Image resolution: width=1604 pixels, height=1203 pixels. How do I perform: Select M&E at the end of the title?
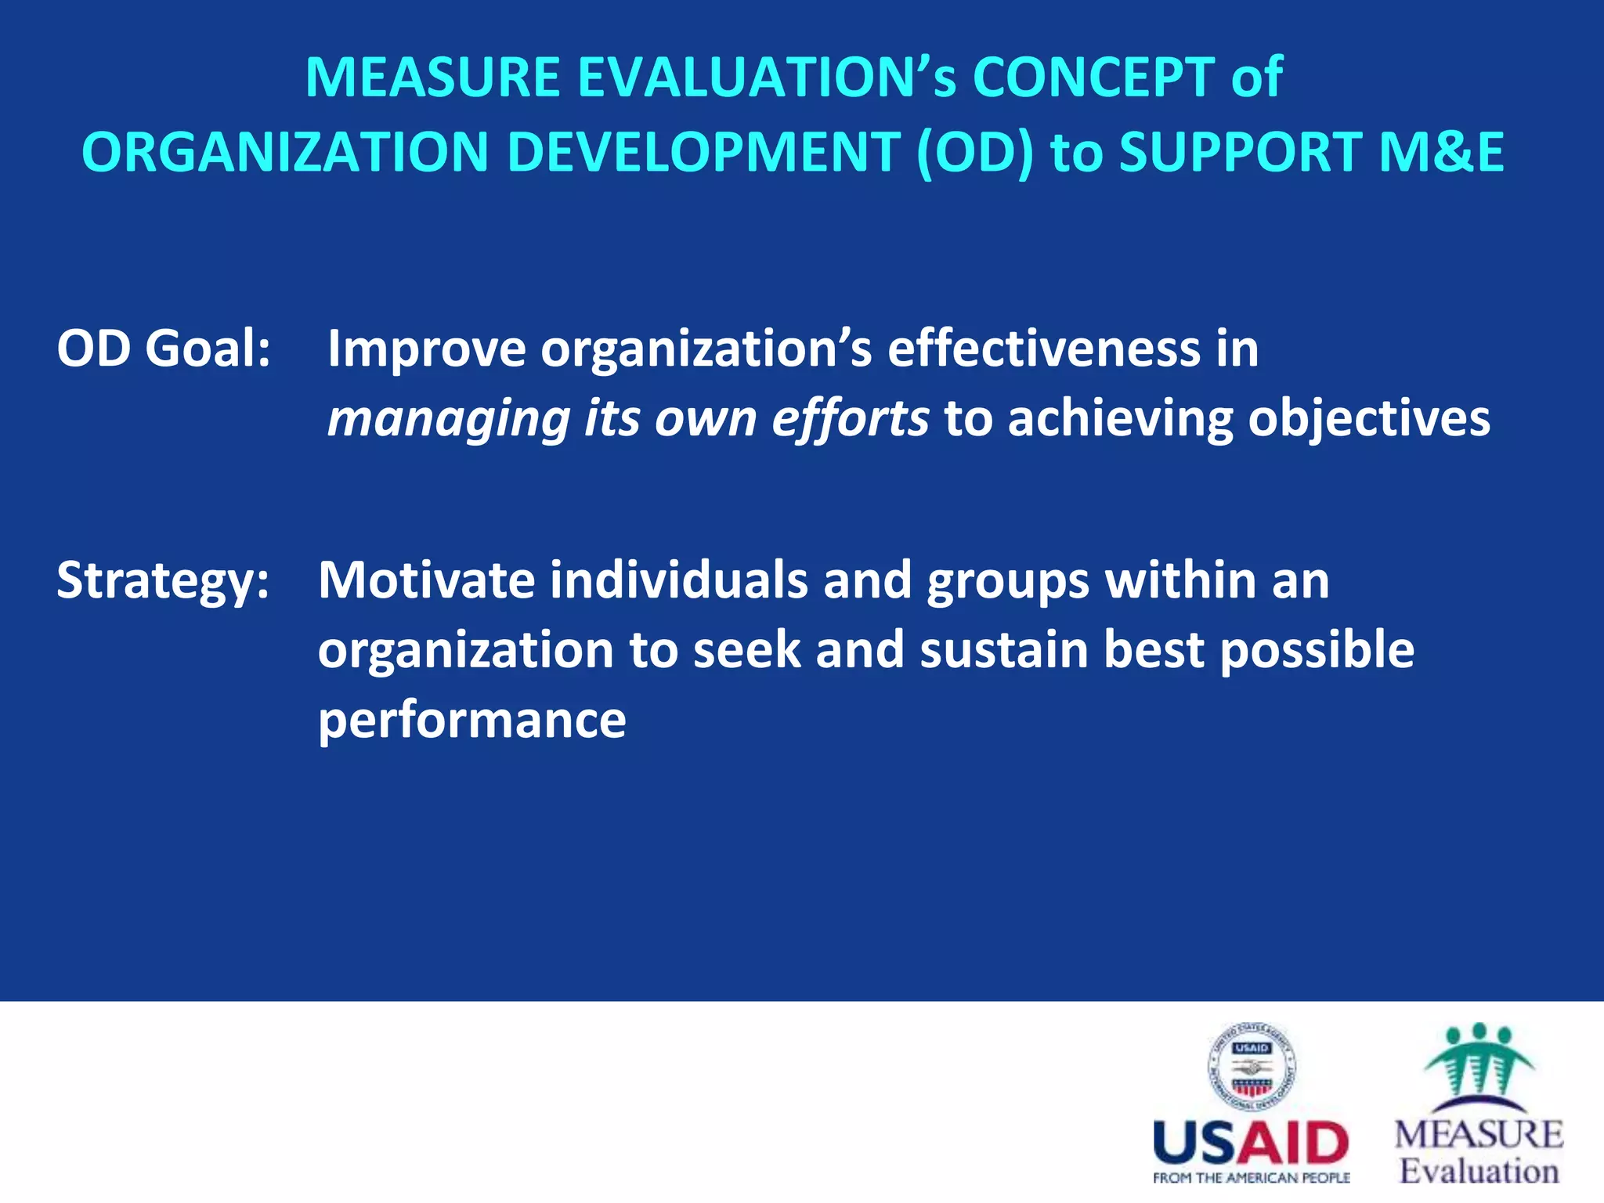tap(1440, 152)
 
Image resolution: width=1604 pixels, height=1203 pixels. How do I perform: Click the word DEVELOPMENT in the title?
tap(703, 152)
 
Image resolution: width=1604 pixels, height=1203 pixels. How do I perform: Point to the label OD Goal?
tap(163, 348)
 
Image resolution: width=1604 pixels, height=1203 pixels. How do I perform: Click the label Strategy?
tap(163, 581)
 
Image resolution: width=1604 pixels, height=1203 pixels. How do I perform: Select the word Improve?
tap(426, 349)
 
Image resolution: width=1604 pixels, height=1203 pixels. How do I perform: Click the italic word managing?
tap(448, 420)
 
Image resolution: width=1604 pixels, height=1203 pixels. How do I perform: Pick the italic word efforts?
tap(851, 420)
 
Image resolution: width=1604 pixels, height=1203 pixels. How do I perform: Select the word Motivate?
tap(426, 580)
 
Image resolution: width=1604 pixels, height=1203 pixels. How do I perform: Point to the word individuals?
tap(678, 580)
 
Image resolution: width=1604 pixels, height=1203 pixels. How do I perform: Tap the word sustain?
tap(1003, 650)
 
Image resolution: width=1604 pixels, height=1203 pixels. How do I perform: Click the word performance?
tap(471, 721)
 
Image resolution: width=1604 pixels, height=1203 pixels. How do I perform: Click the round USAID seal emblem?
tap(1251, 1068)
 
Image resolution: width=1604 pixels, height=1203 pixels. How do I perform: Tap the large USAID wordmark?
tap(1251, 1143)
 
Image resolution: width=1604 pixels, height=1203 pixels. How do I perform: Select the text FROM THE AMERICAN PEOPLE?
tap(1251, 1178)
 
